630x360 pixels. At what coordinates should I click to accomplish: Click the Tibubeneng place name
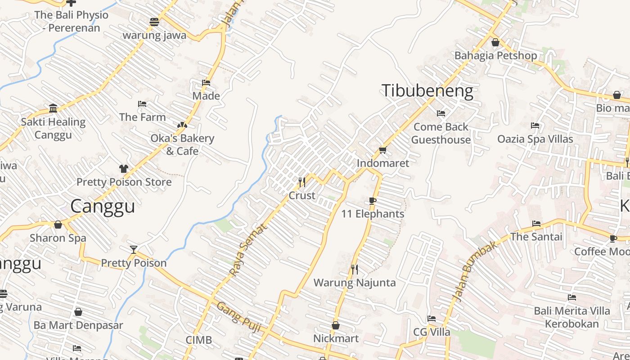coord(427,91)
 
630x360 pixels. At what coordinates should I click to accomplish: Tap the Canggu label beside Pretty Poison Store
coord(103,206)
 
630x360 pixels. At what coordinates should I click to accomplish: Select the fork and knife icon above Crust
coord(302,182)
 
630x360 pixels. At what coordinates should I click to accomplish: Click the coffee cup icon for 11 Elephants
coord(372,201)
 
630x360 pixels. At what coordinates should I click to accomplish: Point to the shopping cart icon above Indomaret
coord(382,150)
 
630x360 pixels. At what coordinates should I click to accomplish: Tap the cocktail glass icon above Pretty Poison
coord(133,249)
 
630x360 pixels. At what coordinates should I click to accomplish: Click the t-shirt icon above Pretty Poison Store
coord(124,169)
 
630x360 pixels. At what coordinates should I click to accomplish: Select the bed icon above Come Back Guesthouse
coord(441,113)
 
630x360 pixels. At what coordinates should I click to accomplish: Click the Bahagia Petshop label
coord(495,56)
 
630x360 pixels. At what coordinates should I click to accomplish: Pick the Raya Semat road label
coord(248,249)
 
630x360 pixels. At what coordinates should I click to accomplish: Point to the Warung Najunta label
coord(355,283)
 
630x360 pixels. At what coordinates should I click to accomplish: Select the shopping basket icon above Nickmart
coord(336,325)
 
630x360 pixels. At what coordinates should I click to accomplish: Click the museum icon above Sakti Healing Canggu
coord(53,108)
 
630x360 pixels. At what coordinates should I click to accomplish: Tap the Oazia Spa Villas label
coord(535,139)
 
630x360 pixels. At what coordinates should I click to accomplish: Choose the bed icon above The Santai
coord(536,223)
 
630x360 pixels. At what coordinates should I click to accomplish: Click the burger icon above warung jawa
coord(154,22)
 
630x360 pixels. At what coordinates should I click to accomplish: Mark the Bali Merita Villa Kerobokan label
coord(572,317)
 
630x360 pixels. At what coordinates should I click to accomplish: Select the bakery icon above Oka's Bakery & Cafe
coord(182,125)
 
